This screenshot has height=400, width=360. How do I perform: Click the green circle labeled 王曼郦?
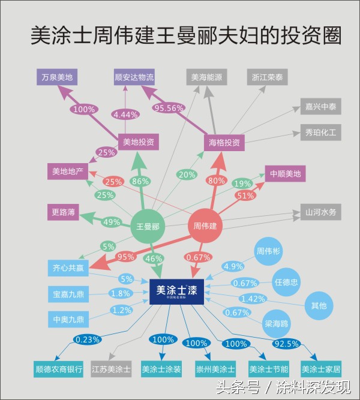[x=147, y=227]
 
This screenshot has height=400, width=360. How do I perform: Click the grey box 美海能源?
[x=206, y=77]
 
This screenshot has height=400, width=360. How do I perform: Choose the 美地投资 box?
[x=138, y=142]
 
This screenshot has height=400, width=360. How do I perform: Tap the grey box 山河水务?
[x=321, y=212]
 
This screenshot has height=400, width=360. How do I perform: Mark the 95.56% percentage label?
[x=169, y=109]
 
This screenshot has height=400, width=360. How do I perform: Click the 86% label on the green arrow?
[x=140, y=181]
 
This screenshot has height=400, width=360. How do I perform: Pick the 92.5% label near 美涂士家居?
[x=287, y=344]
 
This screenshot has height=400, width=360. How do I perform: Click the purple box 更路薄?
[x=64, y=212]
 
